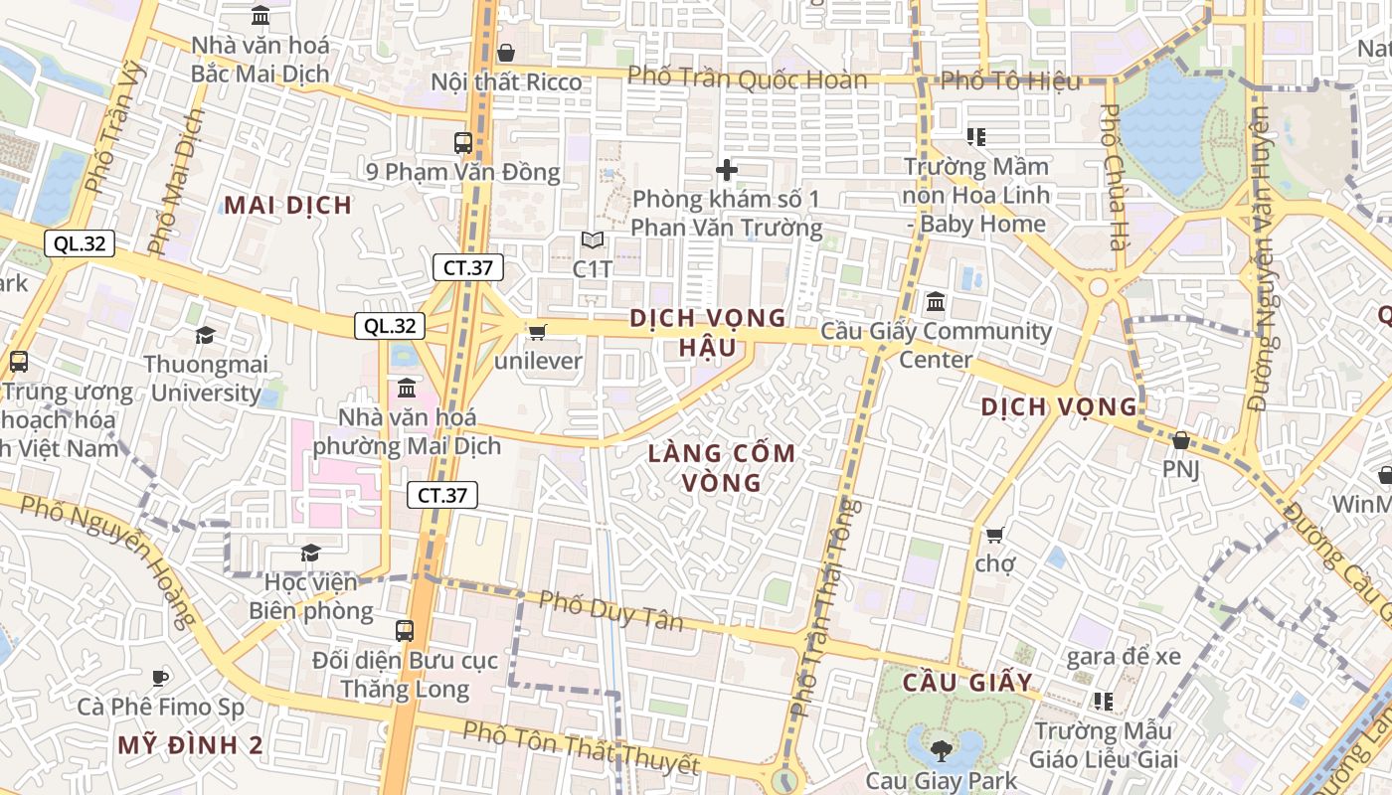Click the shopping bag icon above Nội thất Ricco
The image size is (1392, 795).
(x=506, y=53)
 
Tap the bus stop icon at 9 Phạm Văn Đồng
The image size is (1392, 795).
(x=463, y=142)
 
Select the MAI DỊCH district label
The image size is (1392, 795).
(x=287, y=206)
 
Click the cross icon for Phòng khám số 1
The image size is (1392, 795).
(x=727, y=170)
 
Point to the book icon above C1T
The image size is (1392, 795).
(x=593, y=240)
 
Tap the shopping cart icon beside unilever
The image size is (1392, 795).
(x=538, y=332)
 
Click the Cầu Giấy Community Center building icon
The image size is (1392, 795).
(x=935, y=301)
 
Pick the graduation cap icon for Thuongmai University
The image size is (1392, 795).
(x=205, y=335)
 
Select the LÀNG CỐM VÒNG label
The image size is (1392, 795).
(x=722, y=468)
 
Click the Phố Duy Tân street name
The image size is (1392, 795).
(x=610, y=610)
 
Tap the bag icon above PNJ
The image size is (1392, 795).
(x=1181, y=439)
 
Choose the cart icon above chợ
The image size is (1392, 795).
(x=994, y=535)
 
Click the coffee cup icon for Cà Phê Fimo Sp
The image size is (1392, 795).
(x=160, y=678)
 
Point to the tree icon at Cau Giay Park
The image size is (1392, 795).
(x=941, y=749)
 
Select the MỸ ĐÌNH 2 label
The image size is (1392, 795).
(x=190, y=745)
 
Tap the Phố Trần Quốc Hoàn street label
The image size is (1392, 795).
(x=748, y=79)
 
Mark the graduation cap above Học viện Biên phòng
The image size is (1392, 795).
(x=311, y=552)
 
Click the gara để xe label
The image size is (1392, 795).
(x=1124, y=657)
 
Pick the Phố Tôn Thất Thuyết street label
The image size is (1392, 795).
(x=581, y=748)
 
